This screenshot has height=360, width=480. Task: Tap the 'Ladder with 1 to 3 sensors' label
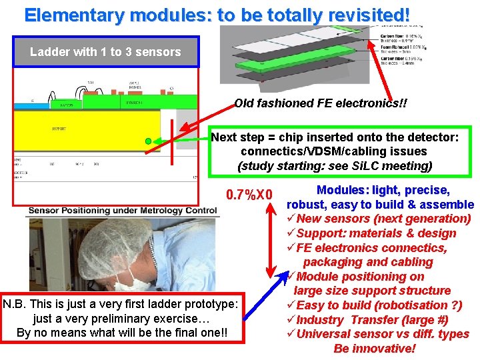coord(105,52)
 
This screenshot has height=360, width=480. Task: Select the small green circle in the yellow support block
coord(148,141)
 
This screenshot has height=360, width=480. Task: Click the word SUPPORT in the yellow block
coord(59,128)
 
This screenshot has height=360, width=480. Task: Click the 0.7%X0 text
coord(249,195)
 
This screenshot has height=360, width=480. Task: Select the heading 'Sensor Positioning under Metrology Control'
coord(122,211)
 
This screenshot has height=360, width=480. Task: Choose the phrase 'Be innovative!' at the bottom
coord(374,349)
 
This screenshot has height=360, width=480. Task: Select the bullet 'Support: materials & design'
coord(376,233)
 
